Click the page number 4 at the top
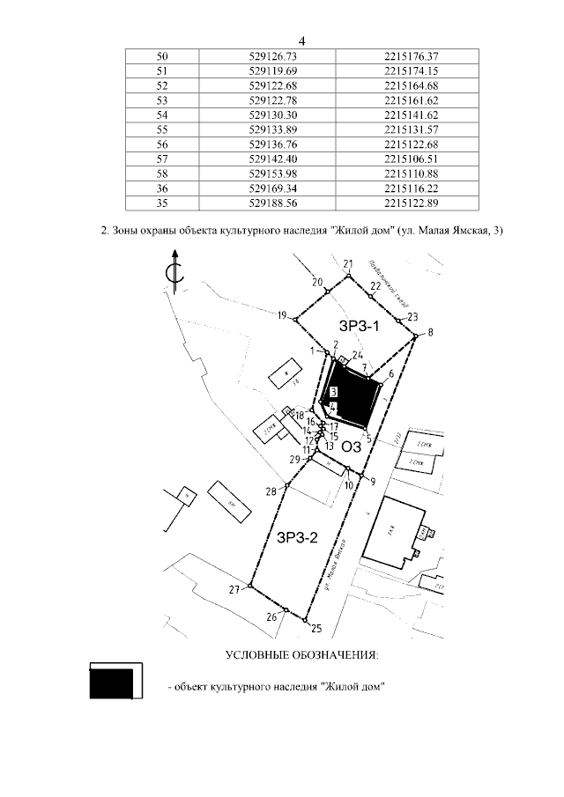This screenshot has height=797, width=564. click(x=301, y=41)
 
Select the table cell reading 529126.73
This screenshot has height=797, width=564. click(x=279, y=55)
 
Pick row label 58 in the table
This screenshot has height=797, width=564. click(x=161, y=173)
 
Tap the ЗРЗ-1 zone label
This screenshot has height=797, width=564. click(x=360, y=327)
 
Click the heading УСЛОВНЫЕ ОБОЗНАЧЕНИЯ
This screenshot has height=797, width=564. click(x=301, y=655)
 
